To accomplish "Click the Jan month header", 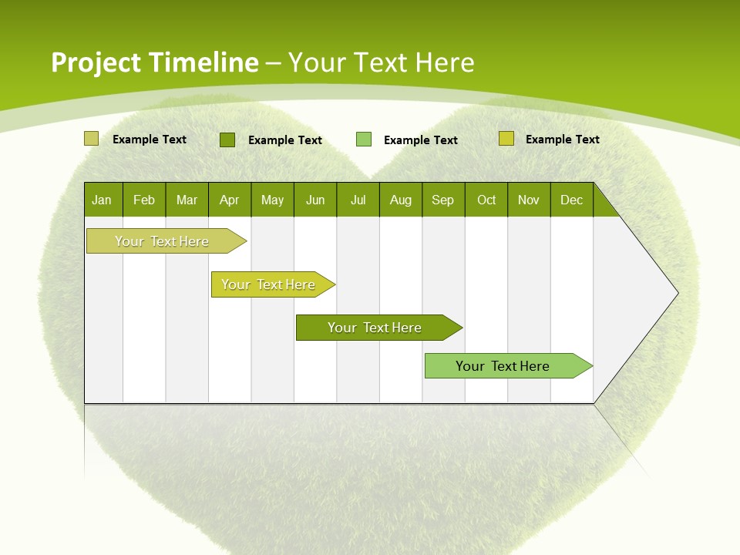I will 103,200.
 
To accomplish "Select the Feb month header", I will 144,200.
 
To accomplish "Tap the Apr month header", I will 230,200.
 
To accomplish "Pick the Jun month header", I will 315,200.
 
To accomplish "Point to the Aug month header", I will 401,200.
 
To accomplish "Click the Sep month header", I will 443,200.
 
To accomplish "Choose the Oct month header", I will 486,200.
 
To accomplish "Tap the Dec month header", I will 572,200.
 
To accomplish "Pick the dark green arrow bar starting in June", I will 375,328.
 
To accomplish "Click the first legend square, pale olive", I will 91,139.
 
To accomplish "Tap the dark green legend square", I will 227,140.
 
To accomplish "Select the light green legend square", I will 364,140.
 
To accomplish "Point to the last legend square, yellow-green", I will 506,139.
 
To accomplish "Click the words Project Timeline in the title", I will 154,62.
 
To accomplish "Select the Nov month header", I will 529,200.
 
